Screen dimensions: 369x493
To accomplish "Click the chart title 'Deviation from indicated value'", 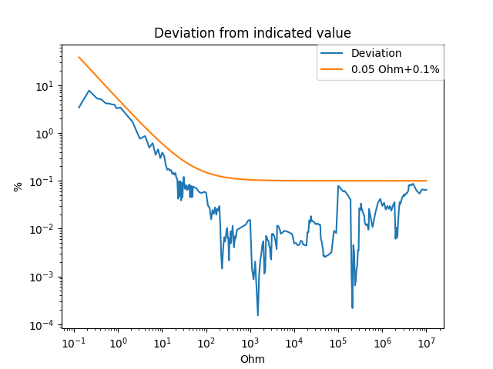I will (253, 33).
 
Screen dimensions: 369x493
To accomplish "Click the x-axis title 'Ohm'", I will (253, 359).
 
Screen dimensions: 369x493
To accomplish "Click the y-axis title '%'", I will (18, 186).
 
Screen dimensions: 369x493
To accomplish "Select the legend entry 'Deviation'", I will (376, 53).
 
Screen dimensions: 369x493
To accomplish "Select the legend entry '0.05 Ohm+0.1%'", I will (395, 69).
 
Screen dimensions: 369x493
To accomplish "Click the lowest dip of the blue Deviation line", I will (257, 315).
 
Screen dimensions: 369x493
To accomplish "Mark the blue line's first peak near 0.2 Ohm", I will (89, 91).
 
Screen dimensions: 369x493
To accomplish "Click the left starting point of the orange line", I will (79, 57).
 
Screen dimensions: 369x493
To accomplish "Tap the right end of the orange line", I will (427, 181).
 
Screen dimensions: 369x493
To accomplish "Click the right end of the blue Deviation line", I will (427, 190).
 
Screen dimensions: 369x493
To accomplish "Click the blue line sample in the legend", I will (333, 54).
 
